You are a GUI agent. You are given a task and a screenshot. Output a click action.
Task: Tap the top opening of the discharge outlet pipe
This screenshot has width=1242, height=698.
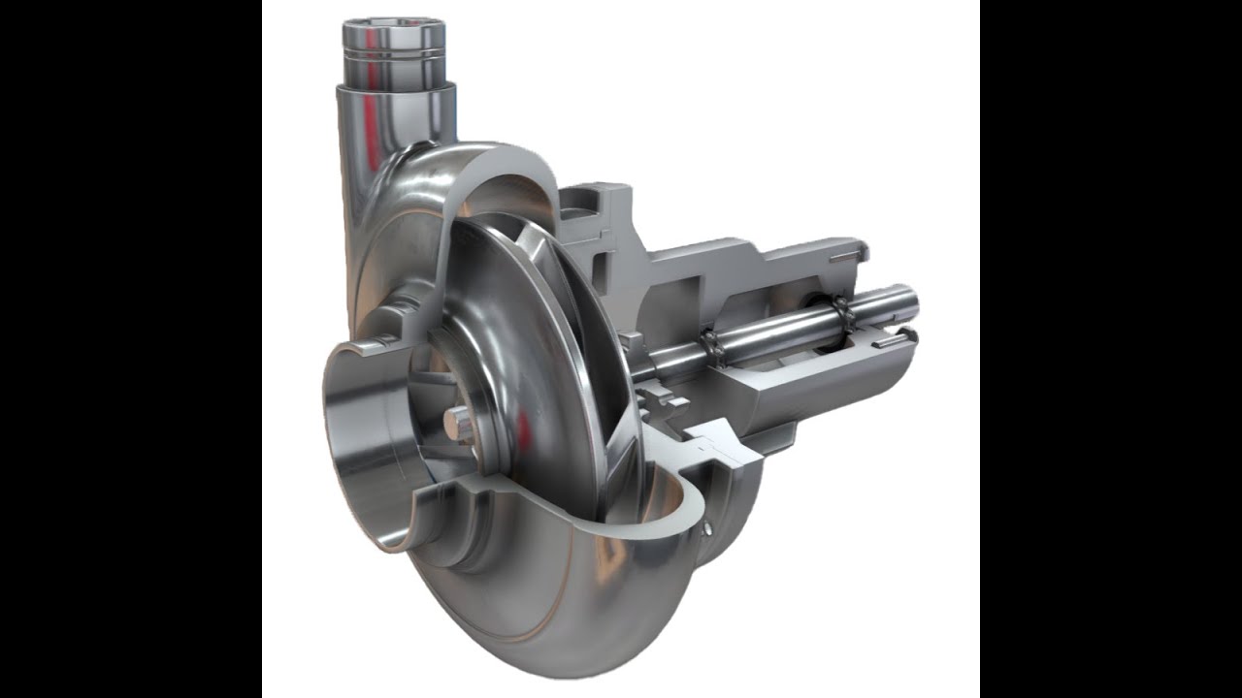coord(393,23)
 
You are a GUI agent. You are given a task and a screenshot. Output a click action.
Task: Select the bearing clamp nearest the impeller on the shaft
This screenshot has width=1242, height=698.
coord(713,341)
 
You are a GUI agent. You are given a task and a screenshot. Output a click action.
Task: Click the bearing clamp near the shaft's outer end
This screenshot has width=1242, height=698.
coord(840,311)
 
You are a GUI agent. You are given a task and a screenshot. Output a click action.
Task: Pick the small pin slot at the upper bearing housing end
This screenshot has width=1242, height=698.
coord(846,255)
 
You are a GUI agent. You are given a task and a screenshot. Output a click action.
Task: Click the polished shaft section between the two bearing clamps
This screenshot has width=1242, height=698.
coord(776,328)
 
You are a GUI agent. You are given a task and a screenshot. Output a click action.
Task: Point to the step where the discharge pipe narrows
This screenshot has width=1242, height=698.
coord(396,87)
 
